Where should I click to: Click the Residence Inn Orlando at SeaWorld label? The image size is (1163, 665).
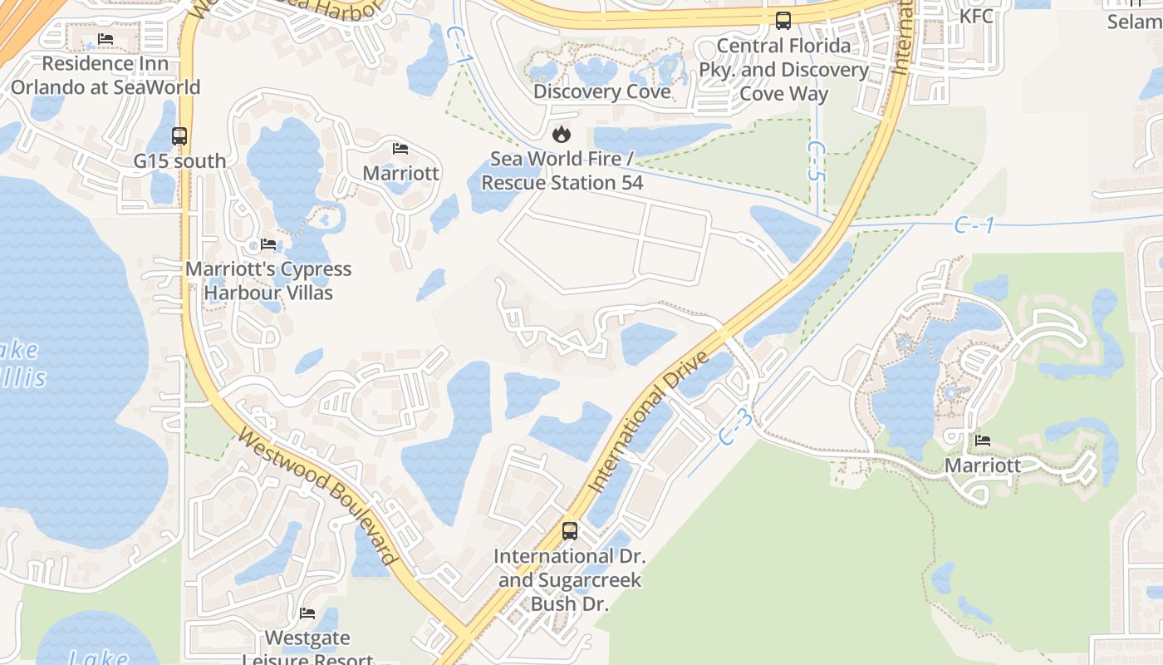coord(106,75)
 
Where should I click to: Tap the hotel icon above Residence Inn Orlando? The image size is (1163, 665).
coord(106,39)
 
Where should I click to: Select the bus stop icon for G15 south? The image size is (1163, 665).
coord(179,135)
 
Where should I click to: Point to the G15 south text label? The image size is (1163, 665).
coord(179,160)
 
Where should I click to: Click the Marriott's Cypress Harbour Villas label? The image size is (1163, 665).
coord(268,281)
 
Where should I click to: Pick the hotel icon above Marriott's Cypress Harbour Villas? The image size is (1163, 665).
coord(268,244)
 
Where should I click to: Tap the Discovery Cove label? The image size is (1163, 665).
coord(601,91)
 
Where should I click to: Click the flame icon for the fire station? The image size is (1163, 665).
coord(562,133)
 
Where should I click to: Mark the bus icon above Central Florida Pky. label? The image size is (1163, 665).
coord(783,20)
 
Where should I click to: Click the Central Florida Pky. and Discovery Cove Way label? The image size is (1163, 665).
coord(783,70)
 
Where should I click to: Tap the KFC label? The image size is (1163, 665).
coord(976,16)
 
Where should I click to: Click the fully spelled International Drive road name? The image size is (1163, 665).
coord(649,421)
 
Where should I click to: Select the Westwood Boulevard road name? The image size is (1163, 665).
coord(317,496)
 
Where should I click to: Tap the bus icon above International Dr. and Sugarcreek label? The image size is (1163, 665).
coord(570,530)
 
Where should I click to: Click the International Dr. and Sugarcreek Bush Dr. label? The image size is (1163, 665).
coord(570,579)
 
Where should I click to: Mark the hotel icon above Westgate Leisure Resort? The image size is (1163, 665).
coord(307,613)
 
